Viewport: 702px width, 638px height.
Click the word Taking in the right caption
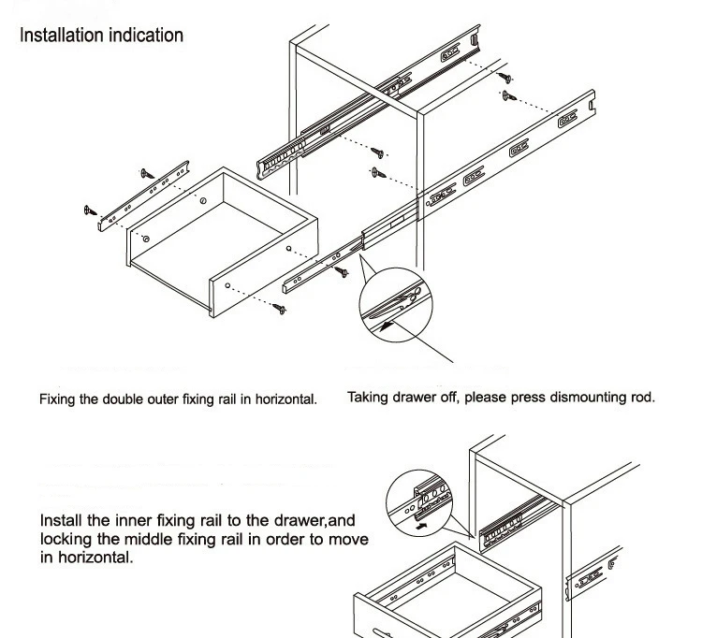pos(369,397)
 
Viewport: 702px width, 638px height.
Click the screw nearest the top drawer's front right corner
pos(282,306)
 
